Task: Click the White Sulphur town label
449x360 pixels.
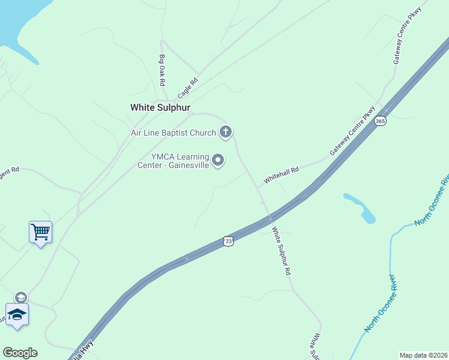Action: [160, 107]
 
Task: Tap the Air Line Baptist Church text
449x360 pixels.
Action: [174, 132]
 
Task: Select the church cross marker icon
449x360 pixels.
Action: [226, 132]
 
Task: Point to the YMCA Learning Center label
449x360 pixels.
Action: [179, 161]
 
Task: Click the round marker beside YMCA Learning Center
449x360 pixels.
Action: [218, 160]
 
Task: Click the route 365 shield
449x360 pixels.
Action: [380, 121]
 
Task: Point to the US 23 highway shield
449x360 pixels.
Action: [228, 240]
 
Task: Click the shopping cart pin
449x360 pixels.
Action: [40, 232]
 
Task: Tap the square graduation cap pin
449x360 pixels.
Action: [17, 314]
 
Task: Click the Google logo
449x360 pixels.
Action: [20, 353]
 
